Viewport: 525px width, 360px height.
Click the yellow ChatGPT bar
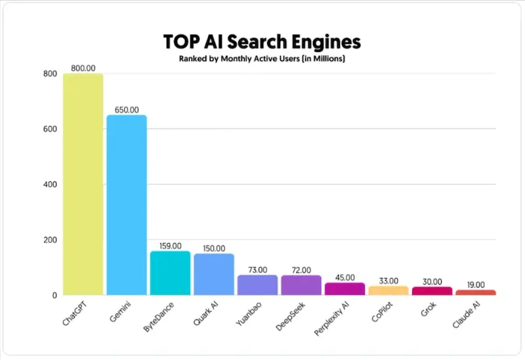click(x=83, y=184)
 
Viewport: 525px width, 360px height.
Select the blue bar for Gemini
click(x=127, y=205)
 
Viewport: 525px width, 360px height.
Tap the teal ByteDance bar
click(x=170, y=273)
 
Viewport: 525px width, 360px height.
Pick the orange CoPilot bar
click(x=388, y=290)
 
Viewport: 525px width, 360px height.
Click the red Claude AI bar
click(x=475, y=292)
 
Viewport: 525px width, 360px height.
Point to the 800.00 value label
click(x=83, y=68)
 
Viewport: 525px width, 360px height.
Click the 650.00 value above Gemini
click(x=127, y=110)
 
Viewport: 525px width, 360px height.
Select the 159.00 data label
click(x=170, y=246)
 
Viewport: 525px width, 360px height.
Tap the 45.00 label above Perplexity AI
click(x=345, y=277)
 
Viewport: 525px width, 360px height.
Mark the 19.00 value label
click(x=476, y=285)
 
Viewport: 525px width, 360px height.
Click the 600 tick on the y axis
click(x=50, y=129)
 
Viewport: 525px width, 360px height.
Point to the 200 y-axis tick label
click(x=50, y=240)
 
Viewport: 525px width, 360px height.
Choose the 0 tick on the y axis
click(x=54, y=296)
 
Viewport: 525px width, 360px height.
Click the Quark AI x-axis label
click(x=205, y=313)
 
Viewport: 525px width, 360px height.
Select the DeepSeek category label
click(x=290, y=317)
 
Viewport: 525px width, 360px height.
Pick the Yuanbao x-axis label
click(x=249, y=314)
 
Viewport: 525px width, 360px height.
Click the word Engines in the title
click(x=325, y=43)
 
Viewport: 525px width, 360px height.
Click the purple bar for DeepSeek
click(x=301, y=285)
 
